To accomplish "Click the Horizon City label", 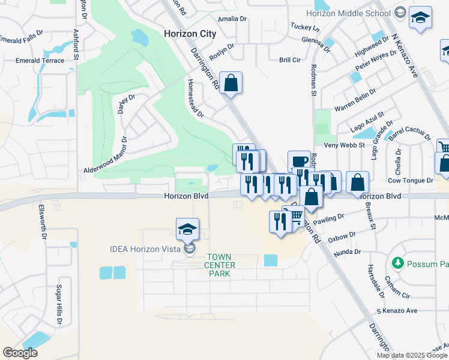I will pos(190,34).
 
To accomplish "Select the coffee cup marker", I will pos(299,161).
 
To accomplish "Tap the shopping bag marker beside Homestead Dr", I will pos(231,83).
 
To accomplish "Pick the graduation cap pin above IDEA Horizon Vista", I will pos(187,229).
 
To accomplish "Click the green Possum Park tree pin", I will pos(397,263).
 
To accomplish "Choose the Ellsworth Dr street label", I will pos(43,222).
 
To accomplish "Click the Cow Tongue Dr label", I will pos(411,180).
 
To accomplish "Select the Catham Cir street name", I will pos(397,290).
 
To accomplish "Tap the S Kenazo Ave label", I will pos(396,311).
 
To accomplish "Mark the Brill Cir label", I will pos(289,60).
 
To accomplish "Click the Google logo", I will pos(20,353).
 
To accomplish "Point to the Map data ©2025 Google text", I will pos(412,355).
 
